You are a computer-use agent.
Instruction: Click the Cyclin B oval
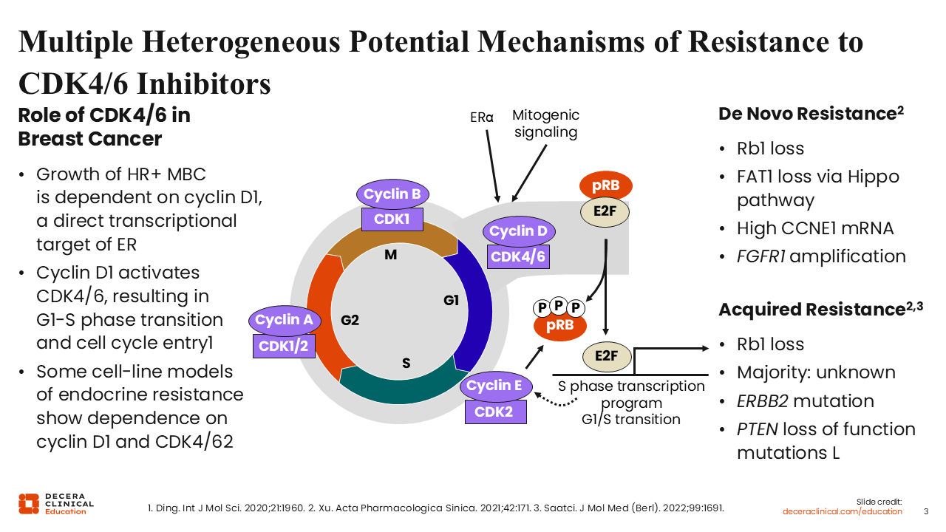[x=392, y=194]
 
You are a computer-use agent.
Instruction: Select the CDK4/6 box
[x=518, y=256]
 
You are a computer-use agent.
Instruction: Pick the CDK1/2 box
[x=284, y=347]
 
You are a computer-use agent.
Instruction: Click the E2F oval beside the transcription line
[x=607, y=356]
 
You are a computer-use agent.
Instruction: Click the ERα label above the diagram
[x=481, y=117]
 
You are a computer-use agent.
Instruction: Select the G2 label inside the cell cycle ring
[x=350, y=321]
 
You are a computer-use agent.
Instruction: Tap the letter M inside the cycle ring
[x=391, y=255]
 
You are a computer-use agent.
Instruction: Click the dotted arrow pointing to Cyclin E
[x=554, y=402]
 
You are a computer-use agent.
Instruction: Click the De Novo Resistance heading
[x=811, y=114]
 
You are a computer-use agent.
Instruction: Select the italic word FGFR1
[x=760, y=256]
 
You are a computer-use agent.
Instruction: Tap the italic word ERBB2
[x=762, y=401]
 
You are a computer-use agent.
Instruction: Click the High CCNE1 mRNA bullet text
[x=815, y=228]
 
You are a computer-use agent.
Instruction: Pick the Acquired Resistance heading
[x=820, y=310]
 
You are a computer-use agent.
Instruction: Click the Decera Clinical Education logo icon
[x=29, y=504]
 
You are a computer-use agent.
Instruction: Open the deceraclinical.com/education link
[x=842, y=511]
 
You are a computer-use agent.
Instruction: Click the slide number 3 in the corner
[x=926, y=511]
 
